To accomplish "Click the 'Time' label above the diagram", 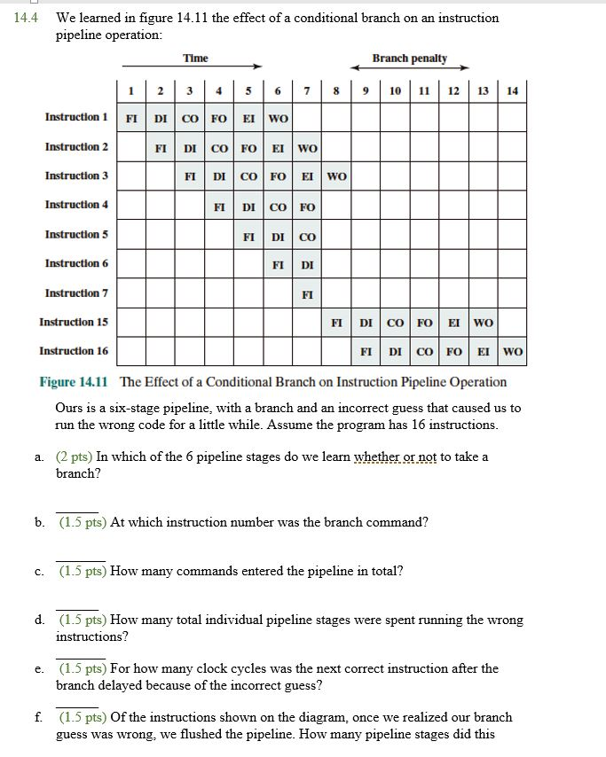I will pyautogui.click(x=195, y=59).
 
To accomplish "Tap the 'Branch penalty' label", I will pyautogui.click(x=409, y=59).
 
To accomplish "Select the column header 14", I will pyautogui.click(x=513, y=90).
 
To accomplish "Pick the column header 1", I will pyautogui.click(x=131, y=90).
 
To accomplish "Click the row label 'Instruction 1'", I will pyautogui.click(x=77, y=118).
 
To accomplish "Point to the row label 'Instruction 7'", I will pyautogui.click(x=77, y=293).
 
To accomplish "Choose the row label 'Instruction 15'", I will pyautogui.click(x=75, y=323).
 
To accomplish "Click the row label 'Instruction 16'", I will pyautogui.click(x=75, y=352).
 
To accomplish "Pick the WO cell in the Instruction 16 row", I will pyautogui.click(x=513, y=352).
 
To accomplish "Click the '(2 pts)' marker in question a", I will pyautogui.click(x=75, y=457).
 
